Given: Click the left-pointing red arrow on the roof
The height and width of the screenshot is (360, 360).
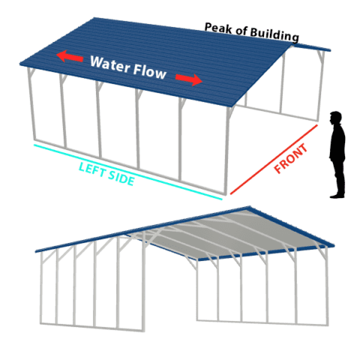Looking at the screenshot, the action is pyautogui.click(x=70, y=56).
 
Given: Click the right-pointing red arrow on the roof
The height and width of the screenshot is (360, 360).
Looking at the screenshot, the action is pyautogui.click(x=189, y=79).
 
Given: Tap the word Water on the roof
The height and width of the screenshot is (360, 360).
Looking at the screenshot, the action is pyautogui.click(x=110, y=64).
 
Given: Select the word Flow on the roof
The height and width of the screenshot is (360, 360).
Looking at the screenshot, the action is pyautogui.click(x=149, y=71).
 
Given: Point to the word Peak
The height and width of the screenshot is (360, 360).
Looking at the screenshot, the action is pyautogui.click(x=218, y=28).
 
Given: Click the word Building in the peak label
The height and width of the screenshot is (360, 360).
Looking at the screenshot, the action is pyautogui.click(x=274, y=35).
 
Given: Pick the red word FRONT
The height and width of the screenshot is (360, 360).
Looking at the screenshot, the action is pyautogui.click(x=290, y=158).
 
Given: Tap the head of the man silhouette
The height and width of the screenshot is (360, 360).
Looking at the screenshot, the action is pyautogui.click(x=335, y=118).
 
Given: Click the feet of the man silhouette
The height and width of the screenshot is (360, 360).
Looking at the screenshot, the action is pyautogui.click(x=337, y=195).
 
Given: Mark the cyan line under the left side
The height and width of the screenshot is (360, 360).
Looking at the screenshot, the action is pyautogui.click(x=128, y=172).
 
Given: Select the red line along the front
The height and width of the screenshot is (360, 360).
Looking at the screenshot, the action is pyautogui.click(x=274, y=159).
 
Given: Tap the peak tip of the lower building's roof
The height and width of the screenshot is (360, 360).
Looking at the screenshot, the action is pyautogui.click(x=249, y=207).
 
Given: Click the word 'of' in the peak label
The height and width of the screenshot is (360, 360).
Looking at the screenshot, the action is pyautogui.click(x=241, y=31).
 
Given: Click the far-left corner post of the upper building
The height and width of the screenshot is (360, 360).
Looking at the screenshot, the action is pyautogui.click(x=31, y=103).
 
